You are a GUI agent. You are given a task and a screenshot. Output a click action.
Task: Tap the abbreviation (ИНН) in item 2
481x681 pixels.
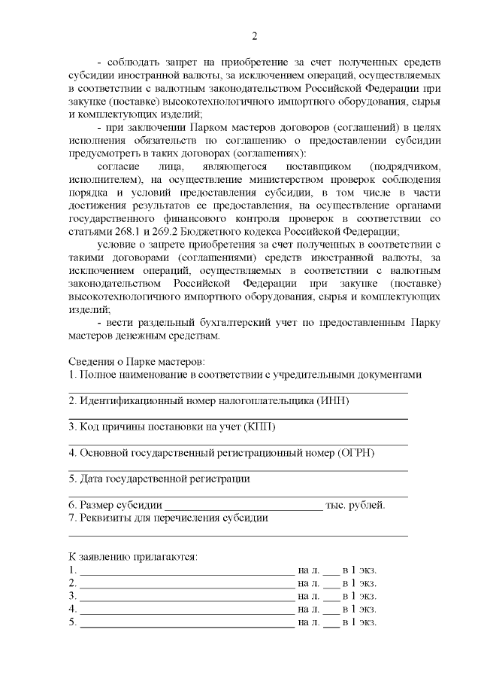click(x=332, y=400)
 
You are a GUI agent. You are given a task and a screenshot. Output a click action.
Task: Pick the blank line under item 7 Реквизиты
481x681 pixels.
click(x=238, y=535)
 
